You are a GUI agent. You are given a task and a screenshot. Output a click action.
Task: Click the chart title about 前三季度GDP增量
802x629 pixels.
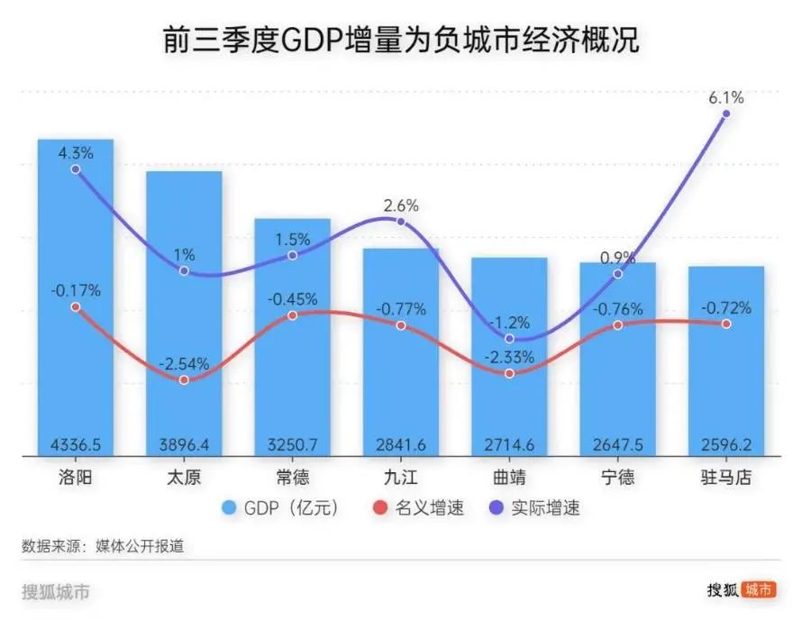401,41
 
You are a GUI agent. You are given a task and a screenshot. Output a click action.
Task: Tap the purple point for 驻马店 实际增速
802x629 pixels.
725,114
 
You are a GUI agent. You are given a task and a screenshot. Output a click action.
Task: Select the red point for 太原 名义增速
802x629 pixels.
184,380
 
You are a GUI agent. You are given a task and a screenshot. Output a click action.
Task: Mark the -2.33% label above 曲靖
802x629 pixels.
509,356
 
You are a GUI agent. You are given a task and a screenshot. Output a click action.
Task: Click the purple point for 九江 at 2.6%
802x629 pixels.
400,222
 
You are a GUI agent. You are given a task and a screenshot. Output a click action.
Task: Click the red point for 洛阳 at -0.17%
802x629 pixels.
75,306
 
